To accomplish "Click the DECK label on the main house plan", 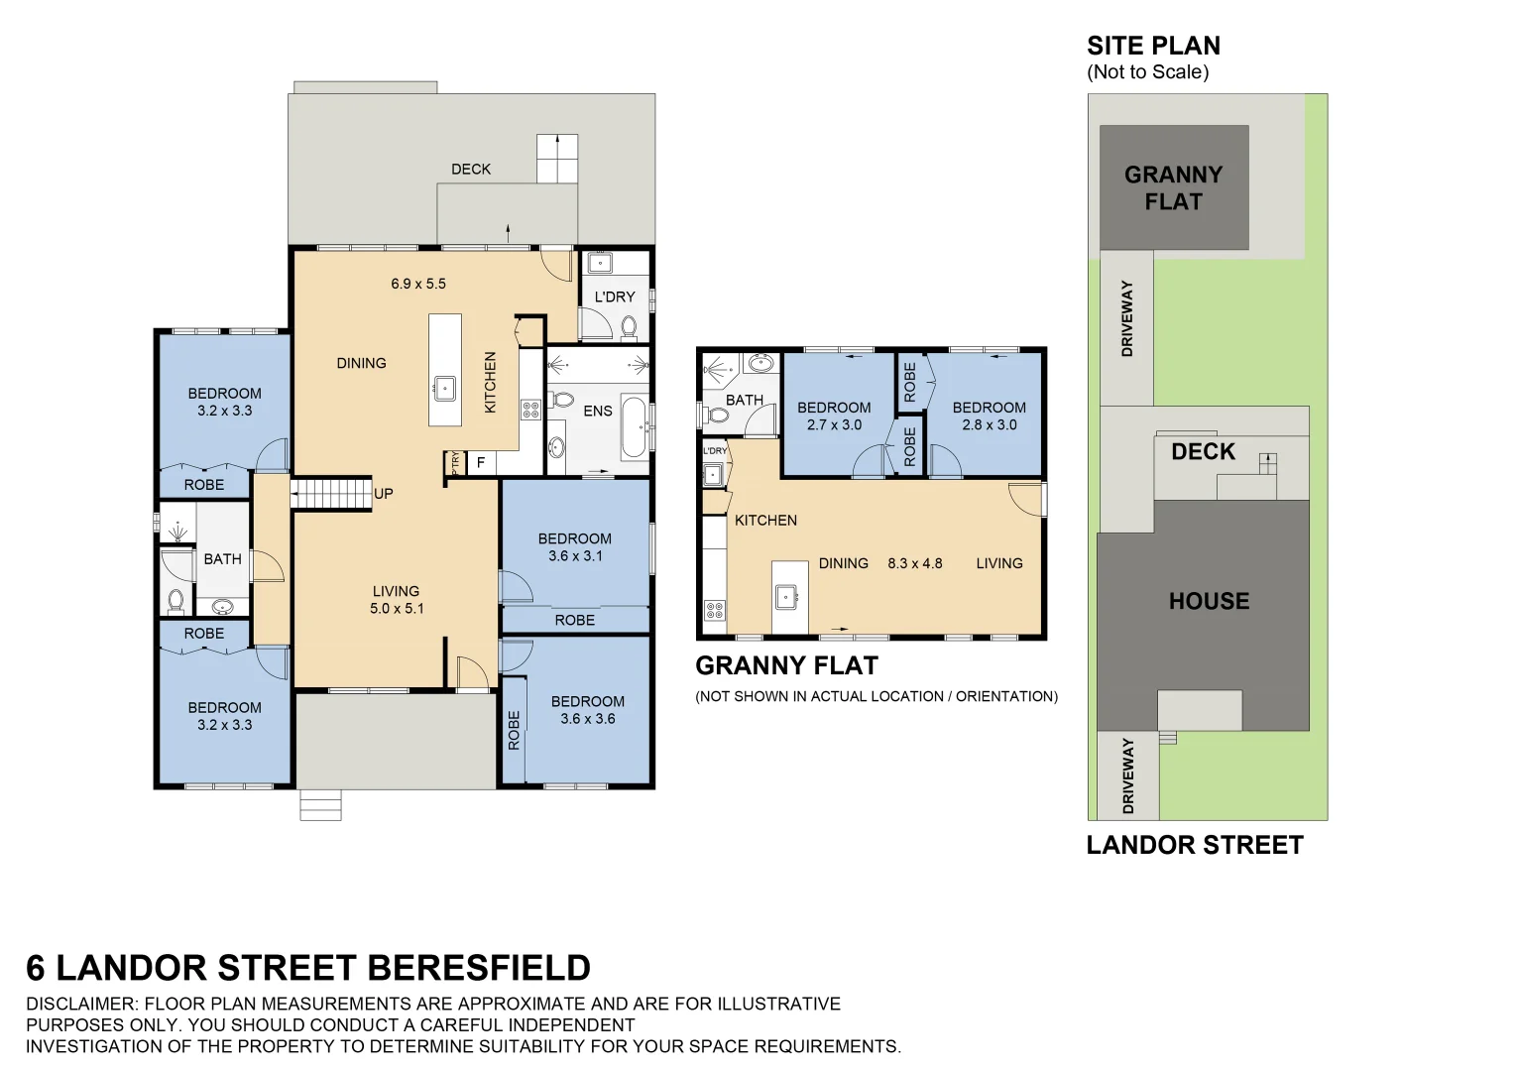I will point(471,170).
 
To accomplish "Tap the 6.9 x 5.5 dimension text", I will point(417,284).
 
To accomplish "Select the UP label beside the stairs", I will point(383,494).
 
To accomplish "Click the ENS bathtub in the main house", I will point(633,427).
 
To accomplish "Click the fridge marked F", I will point(481,463).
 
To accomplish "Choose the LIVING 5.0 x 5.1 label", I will point(396,600).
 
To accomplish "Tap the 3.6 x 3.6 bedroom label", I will point(587,710).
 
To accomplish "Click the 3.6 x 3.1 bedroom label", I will point(574,547).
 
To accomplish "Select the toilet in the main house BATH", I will point(176,600).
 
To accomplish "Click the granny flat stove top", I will point(714,610).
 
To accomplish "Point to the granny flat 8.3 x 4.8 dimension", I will point(914,563).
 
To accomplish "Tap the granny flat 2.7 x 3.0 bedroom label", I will point(834,416).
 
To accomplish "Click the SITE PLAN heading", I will point(1153,47).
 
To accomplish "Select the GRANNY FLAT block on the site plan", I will point(1173,187).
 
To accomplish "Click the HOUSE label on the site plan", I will point(1209,601).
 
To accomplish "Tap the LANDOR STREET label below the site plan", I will point(1195,845).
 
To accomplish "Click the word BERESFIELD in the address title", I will point(479,968).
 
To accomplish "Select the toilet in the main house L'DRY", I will point(628,326).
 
